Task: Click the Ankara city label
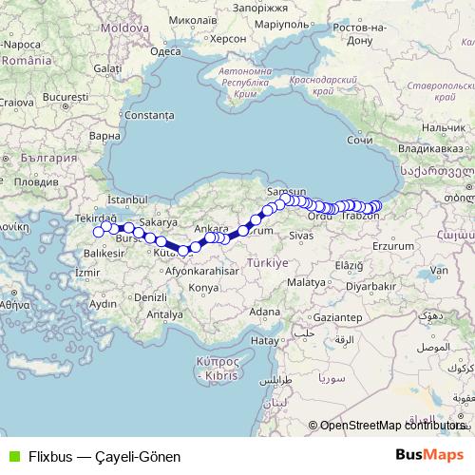coord(211,229)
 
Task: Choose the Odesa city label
coord(165,52)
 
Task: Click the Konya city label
coord(203,287)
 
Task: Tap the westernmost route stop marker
coord(98,232)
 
